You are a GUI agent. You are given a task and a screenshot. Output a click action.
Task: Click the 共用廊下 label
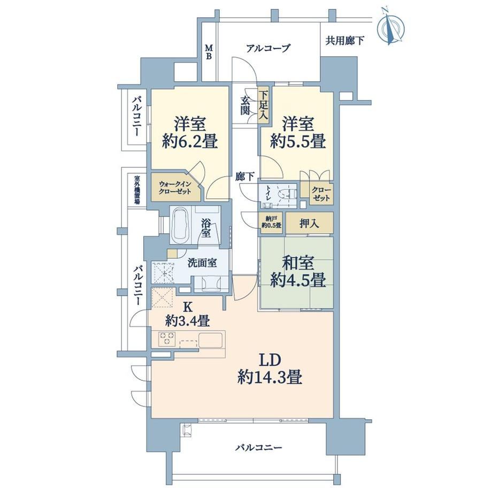(345, 41)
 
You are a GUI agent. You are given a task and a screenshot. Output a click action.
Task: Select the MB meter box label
(209, 52)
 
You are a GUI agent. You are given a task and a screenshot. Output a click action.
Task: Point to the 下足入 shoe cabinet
(264, 105)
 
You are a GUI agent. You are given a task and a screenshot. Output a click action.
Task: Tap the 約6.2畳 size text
(190, 142)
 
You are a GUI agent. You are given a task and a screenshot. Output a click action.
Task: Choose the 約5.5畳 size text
(298, 142)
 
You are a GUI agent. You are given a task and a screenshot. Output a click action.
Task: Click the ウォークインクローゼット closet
(175, 187)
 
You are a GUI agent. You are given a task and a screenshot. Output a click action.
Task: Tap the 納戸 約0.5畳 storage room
(272, 222)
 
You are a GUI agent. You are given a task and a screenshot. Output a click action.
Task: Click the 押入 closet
(310, 223)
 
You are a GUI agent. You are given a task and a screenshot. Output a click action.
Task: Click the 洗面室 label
(202, 263)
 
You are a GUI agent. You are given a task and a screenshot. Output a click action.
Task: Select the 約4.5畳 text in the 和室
(298, 280)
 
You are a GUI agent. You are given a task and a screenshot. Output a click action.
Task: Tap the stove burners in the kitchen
(166, 339)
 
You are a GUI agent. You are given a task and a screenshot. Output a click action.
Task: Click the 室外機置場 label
(137, 190)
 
